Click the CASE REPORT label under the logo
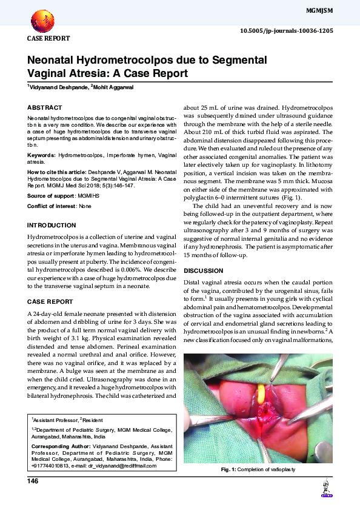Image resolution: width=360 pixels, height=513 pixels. click(48, 38)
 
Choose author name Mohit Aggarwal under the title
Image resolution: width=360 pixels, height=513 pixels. click(113, 87)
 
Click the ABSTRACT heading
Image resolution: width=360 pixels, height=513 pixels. click(45, 107)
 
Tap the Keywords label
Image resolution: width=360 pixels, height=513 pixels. click(41, 156)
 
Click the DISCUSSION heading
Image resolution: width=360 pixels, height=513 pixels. click(204, 270)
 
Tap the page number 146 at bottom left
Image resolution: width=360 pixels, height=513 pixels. click(33, 481)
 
